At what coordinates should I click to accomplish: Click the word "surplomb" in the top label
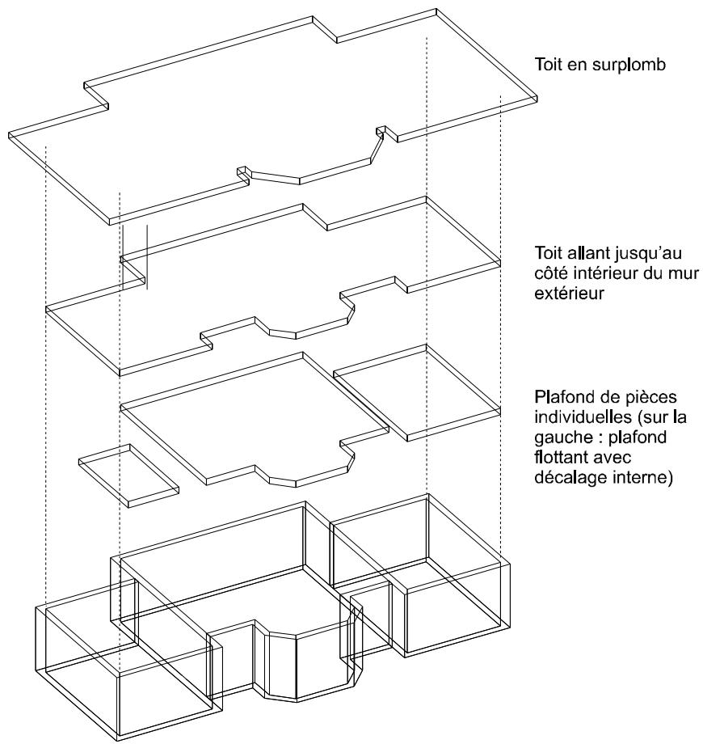click(x=629, y=66)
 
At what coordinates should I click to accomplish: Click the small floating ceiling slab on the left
click(x=128, y=476)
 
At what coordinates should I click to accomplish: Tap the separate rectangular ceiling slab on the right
click(x=417, y=393)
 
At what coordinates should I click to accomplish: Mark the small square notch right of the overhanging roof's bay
click(x=380, y=129)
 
